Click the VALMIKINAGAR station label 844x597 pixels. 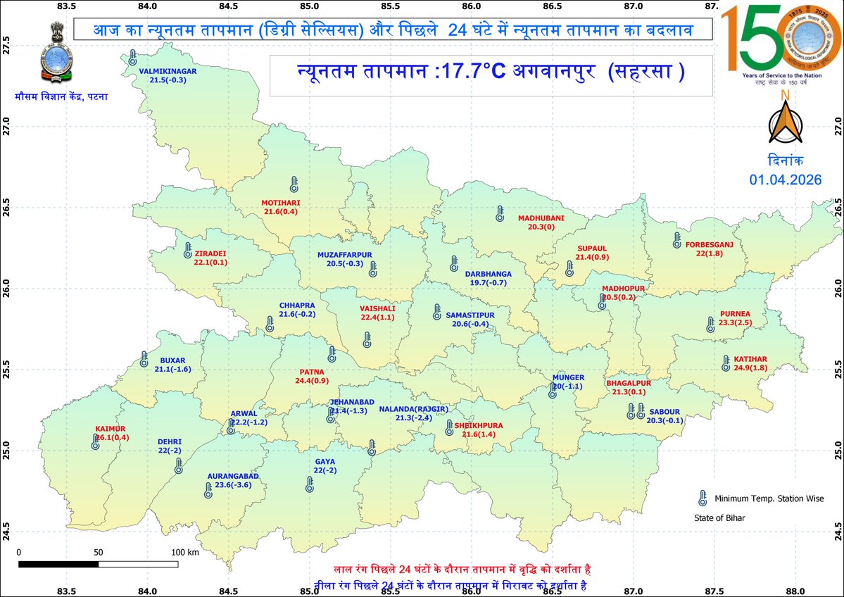pyautogui.click(x=168, y=71)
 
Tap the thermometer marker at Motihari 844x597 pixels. pyautogui.click(x=294, y=185)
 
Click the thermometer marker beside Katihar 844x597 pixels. pyautogui.click(x=726, y=363)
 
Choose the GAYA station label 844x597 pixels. pyautogui.click(x=325, y=462)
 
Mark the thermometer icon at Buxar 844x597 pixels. pyautogui.click(x=144, y=360)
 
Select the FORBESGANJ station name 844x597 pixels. pyautogui.click(x=709, y=244)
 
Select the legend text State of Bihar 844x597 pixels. pyautogui.click(x=715, y=518)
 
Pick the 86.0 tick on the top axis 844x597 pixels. pyautogui.click(x=472, y=7)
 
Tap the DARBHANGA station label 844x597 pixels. pyautogui.click(x=488, y=274)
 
